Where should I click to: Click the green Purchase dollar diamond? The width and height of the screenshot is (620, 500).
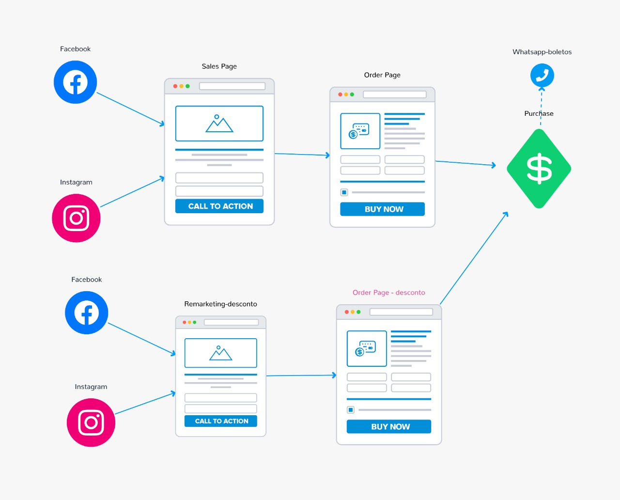click(539, 169)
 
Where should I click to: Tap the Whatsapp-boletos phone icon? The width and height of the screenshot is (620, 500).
click(542, 76)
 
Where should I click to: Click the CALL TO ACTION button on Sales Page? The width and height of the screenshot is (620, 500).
click(219, 206)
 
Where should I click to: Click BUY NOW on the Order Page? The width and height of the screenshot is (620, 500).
click(383, 209)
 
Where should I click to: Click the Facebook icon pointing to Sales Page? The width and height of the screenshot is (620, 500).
click(75, 82)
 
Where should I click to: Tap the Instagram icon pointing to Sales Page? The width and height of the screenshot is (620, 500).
click(76, 218)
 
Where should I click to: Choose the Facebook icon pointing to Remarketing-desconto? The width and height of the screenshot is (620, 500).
click(86, 312)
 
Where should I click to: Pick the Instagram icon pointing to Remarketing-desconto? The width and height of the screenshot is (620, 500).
click(91, 422)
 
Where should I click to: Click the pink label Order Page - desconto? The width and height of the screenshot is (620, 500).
click(389, 293)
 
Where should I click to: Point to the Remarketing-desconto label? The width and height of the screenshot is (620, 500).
click(220, 304)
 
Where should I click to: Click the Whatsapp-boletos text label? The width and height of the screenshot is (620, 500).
click(542, 52)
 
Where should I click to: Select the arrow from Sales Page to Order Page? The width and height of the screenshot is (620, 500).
click(302, 155)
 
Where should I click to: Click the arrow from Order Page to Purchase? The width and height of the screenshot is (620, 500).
click(465, 163)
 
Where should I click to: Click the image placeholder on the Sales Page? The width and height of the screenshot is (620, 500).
click(219, 124)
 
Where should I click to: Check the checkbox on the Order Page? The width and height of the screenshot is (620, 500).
click(344, 192)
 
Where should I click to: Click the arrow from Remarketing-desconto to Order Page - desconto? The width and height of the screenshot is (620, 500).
click(301, 375)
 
